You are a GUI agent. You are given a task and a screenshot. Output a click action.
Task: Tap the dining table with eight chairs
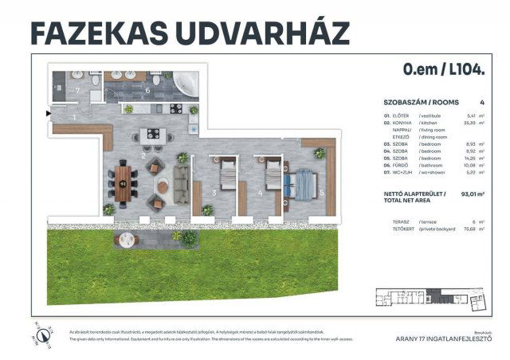[x=123, y=184]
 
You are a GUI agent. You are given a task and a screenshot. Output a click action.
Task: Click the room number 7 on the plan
[x=78, y=90]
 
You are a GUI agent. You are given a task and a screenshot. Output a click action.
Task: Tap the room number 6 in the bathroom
[x=148, y=91]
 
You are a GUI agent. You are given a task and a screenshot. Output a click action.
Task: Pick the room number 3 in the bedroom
[x=214, y=192]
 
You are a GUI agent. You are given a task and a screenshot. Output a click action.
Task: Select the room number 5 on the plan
[x=321, y=192]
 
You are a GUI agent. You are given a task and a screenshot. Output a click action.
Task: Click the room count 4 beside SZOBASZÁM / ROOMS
[x=482, y=103]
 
